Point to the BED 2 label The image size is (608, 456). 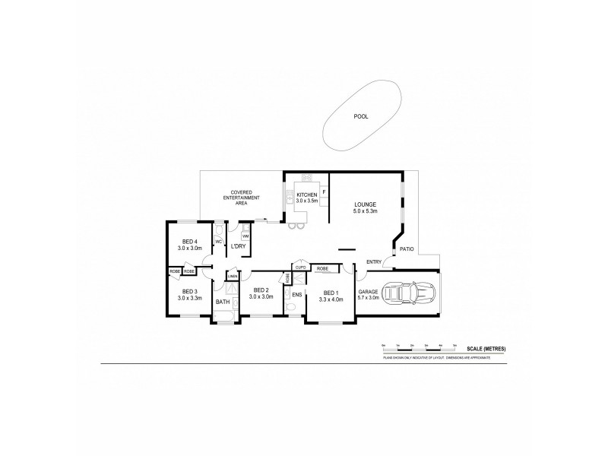click(x=261, y=290)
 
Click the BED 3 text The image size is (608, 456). click(x=190, y=292)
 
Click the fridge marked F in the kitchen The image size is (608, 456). click(x=324, y=192)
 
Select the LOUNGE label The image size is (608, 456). click(x=366, y=204)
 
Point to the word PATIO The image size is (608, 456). click(x=407, y=248)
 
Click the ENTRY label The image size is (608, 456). click(x=374, y=262)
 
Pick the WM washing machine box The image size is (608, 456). click(x=245, y=236)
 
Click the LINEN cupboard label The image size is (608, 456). click(x=232, y=276)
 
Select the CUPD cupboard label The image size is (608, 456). click(x=300, y=268)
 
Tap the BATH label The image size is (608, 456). click(x=222, y=302)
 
